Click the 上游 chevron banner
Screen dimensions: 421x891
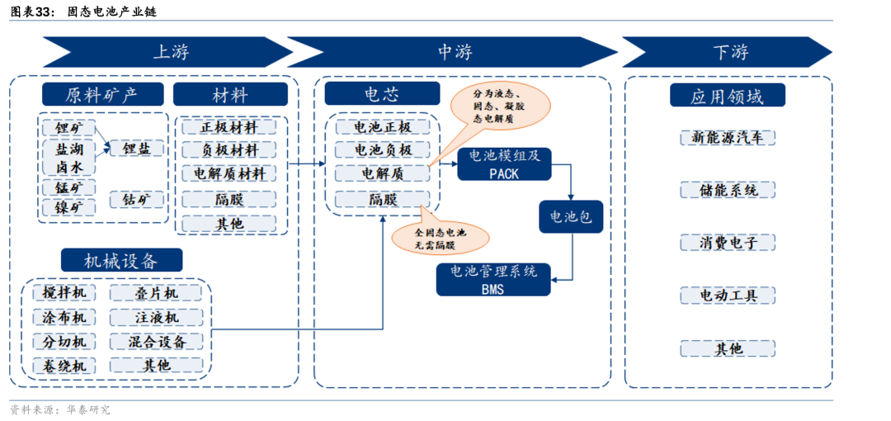pyautogui.click(x=169, y=52)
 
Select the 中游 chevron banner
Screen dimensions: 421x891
pyautogui.click(x=455, y=52)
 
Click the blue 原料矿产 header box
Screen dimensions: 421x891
pyautogui.click(x=102, y=94)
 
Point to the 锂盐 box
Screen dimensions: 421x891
pyautogui.click(x=138, y=149)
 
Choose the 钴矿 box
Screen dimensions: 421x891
pyautogui.click(x=138, y=200)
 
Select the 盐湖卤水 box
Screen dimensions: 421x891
pyautogui.click(x=68, y=158)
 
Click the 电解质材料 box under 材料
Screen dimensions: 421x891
pyautogui.click(x=229, y=174)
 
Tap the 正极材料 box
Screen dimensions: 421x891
pyautogui.click(x=229, y=127)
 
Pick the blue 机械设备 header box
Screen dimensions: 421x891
pyautogui.click(x=121, y=261)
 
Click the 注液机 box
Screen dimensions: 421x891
pyautogui.click(x=157, y=318)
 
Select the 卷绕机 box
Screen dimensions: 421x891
pyautogui.click(x=64, y=366)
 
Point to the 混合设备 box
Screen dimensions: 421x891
pyautogui.click(x=157, y=342)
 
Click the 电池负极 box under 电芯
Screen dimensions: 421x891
pyautogui.click(x=382, y=150)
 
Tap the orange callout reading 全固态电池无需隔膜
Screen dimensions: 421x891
pyautogui.click(x=440, y=238)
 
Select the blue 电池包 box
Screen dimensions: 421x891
pyautogui.click(x=570, y=216)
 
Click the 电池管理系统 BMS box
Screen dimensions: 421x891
pyautogui.click(x=493, y=280)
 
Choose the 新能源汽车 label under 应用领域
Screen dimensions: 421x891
pyautogui.click(x=728, y=138)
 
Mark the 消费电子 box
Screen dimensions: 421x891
pyautogui.click(x=728, y=243)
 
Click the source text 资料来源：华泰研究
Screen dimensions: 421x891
pyautogui.click(x=59, y=409)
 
